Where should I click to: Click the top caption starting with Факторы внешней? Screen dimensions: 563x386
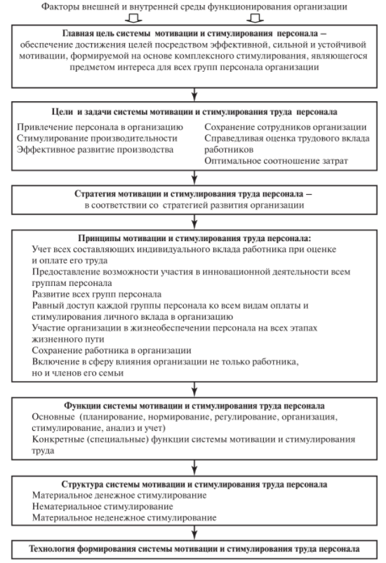click(193, 7)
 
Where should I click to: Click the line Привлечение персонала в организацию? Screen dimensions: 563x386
click(98, 127)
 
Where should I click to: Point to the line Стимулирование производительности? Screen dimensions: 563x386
click(93, 138)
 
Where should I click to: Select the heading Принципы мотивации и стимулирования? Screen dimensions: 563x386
click(193, 238)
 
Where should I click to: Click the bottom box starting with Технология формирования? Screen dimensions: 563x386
click(193, 547)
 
